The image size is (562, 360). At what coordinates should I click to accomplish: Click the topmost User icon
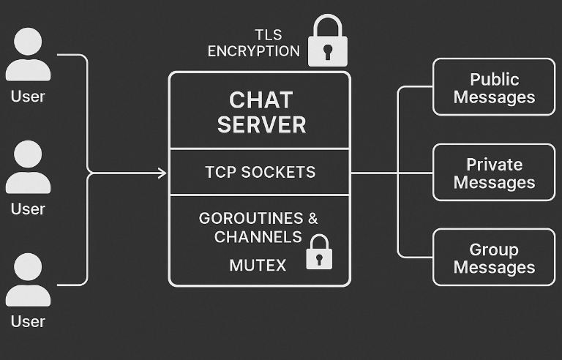28,56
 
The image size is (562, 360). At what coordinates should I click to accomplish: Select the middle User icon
28,168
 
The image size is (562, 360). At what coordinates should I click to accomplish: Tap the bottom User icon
28,281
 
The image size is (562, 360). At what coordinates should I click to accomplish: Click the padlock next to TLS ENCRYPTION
327,42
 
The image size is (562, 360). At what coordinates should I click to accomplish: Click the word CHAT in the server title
261,100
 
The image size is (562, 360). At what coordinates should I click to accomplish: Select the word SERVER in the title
261,124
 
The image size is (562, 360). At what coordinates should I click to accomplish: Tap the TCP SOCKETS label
260,173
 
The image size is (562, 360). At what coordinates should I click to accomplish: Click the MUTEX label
258,265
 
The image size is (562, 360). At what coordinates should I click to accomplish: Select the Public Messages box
494,88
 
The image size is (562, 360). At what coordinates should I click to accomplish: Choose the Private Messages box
494,173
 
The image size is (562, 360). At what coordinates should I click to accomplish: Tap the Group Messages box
494,258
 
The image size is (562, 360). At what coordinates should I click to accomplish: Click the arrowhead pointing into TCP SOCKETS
162,173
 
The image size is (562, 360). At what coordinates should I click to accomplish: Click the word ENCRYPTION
253,51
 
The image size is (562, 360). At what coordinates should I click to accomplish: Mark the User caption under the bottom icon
28,321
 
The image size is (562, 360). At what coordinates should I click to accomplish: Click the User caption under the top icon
28,96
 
